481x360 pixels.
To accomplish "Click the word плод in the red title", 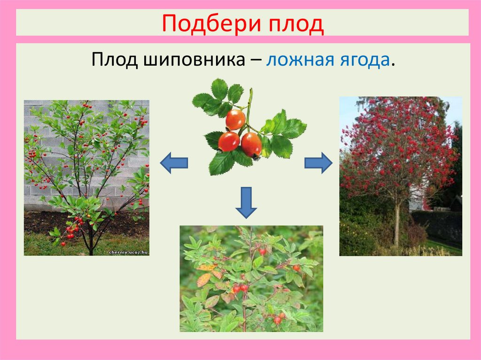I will tap(296, 23).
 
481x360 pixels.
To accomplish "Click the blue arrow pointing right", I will tap(318, 163).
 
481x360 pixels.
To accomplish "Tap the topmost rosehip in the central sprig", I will tap(235, 120).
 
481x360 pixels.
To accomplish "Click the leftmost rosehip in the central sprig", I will tap(229, 141).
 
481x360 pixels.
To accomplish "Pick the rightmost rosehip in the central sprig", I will tap(252, 144).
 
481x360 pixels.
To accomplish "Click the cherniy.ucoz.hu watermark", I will tap(128, 252).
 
